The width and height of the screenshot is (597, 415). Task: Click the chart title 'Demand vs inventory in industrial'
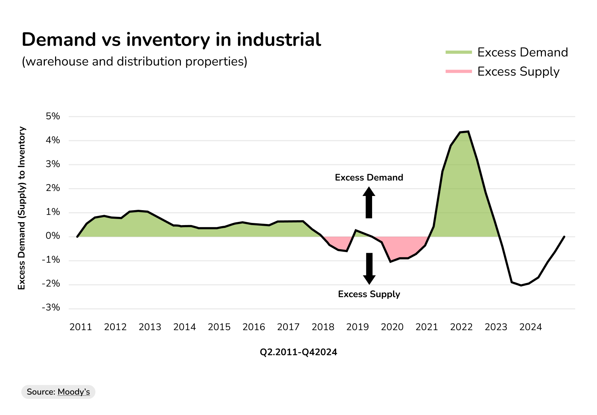[171, 39]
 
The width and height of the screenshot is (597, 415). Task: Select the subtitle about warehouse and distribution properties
[134, 61]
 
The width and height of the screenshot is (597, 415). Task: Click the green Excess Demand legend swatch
[458, 52]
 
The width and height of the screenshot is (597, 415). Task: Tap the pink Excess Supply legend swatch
[458, 71]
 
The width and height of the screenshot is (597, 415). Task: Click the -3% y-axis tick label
[51, 307]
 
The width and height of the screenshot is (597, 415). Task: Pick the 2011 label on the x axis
[81, 327]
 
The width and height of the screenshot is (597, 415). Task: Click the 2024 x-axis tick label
[531, 327]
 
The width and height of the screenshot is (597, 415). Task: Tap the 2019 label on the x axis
[357, 327]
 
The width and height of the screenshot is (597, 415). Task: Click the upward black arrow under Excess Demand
[369, 202]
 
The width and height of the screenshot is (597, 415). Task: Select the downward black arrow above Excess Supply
[369, 268]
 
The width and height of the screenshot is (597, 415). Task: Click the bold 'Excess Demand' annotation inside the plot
[369, 178]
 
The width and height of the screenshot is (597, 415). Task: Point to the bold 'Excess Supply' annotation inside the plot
[369, 294]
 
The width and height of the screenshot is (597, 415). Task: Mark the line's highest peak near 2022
[468, 132]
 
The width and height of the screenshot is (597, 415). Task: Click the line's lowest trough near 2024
[521, 285]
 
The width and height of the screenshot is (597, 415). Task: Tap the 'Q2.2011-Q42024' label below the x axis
[298, 352]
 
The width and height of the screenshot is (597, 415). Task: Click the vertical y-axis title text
[22, 208]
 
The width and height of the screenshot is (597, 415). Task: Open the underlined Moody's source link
[74, 392]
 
